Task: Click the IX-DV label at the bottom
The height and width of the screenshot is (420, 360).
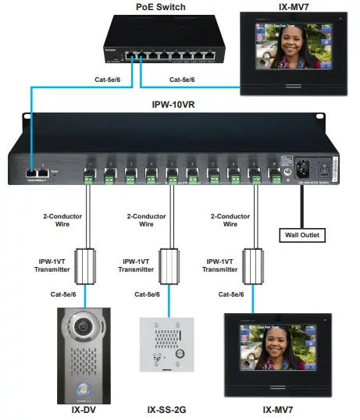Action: click(x=86, y=408)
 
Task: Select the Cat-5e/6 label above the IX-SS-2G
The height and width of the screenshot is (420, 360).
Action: click(x=147, y=294)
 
